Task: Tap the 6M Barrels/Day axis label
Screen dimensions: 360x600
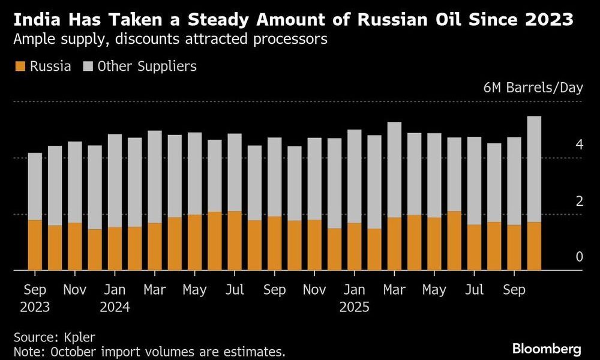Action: pyautogui.click(x=533, y=88)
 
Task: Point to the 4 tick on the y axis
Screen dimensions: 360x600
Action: pyautogui.click(x=579, y=145)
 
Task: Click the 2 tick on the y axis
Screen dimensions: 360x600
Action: pyautogui.click(x=579, y=201)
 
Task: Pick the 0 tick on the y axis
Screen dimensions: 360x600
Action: pyautogui.click(x=579, y=257)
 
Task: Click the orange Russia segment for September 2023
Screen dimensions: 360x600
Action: pyautogui.click(x=35, y=245)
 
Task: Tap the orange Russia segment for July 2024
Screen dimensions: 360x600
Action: pyautogui.click(x=235, y=241)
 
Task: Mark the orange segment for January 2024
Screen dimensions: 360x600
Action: pyautogui.click(x=115, y=248)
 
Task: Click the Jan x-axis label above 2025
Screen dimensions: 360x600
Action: pyautogui.click(x=354, y=290)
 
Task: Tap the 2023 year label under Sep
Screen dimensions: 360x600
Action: pyautogui.click(x=35, y=308)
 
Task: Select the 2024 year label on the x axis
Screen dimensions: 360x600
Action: pyautogui.click(x=115, y=308)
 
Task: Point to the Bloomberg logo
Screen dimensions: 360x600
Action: pyautogui.click(x=547, y=348)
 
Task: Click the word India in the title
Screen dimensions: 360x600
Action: pyautogui.click(x=35, y=21)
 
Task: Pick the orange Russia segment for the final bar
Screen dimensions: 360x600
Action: pyautogui.click(x=533, y=246)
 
